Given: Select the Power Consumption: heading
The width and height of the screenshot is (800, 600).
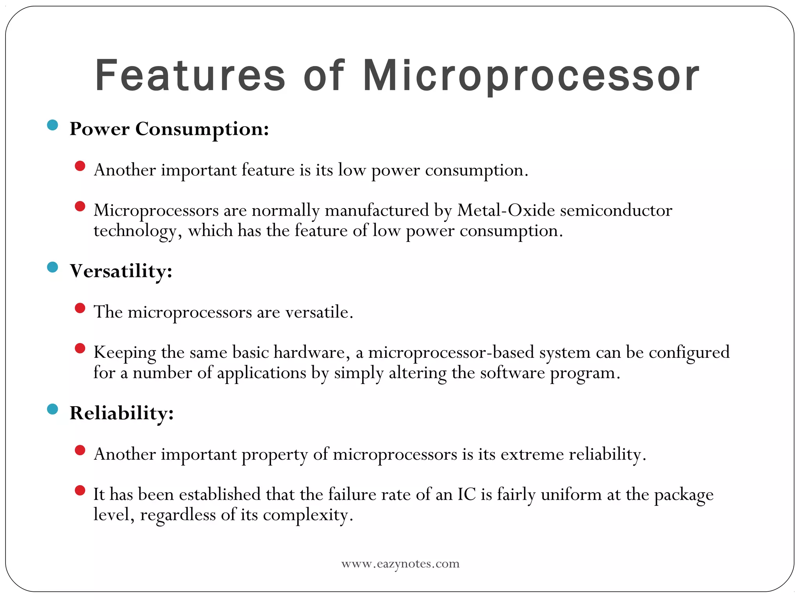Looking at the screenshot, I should pos(169,129).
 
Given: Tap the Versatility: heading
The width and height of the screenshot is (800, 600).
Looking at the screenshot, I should pos(121,271).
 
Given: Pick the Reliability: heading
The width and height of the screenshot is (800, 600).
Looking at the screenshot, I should pos(121,413).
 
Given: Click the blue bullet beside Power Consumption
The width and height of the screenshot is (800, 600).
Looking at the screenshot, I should pos(52,125).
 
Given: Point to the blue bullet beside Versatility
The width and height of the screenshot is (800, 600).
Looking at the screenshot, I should pos(52,268).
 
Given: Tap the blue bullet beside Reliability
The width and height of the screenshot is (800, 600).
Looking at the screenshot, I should pos(52,409).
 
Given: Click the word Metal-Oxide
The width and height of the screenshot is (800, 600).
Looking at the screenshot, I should pos(506,211).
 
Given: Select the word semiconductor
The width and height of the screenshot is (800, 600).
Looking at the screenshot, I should pos(616,211).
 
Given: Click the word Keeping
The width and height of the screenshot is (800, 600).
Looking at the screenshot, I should pos(125,353).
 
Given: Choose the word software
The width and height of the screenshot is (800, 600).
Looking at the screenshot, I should pos(512,373).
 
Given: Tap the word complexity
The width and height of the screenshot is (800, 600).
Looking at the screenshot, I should pos(307,515).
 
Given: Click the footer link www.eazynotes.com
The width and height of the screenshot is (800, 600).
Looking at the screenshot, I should pos(400,564).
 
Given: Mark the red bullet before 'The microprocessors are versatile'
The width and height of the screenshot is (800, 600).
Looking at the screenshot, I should pos(80,308).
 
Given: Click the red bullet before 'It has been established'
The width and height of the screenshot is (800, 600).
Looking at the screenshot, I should pos(80,491).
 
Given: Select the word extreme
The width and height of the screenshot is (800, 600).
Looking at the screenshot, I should pos(532,454).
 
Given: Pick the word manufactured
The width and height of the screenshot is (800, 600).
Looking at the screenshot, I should pos(377,211).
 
